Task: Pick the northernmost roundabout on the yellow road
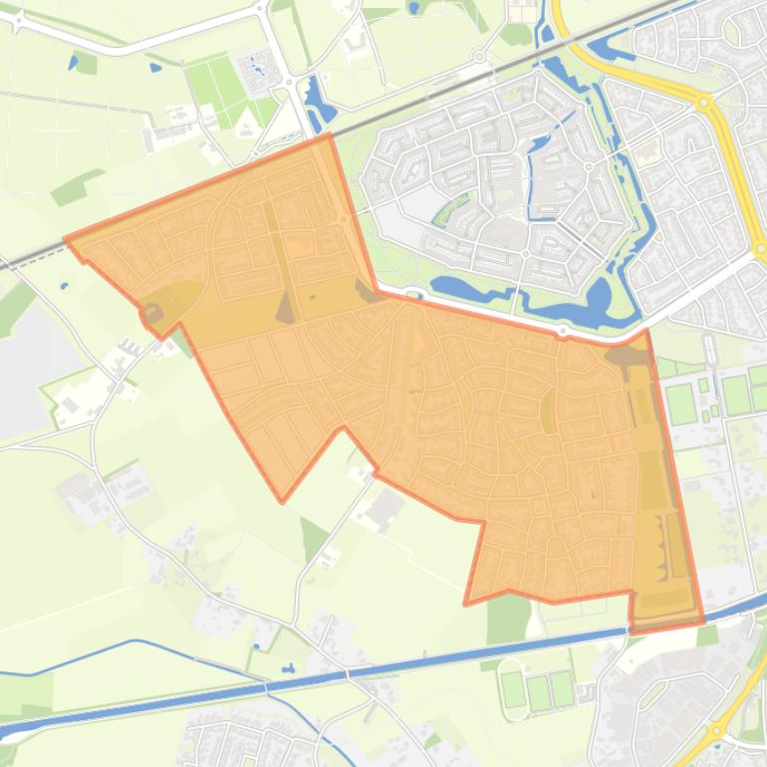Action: click(704, 102)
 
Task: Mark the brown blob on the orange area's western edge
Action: click(152, 314)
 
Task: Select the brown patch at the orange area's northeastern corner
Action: click(626, 355)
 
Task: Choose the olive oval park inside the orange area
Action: click(548, 409)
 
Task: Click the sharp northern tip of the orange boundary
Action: click(330, 134)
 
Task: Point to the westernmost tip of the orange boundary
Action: click(66, 239)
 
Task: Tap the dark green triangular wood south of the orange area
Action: click(314, 538)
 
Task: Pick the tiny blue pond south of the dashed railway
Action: click(64, 286)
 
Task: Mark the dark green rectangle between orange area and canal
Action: click(509, 618)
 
